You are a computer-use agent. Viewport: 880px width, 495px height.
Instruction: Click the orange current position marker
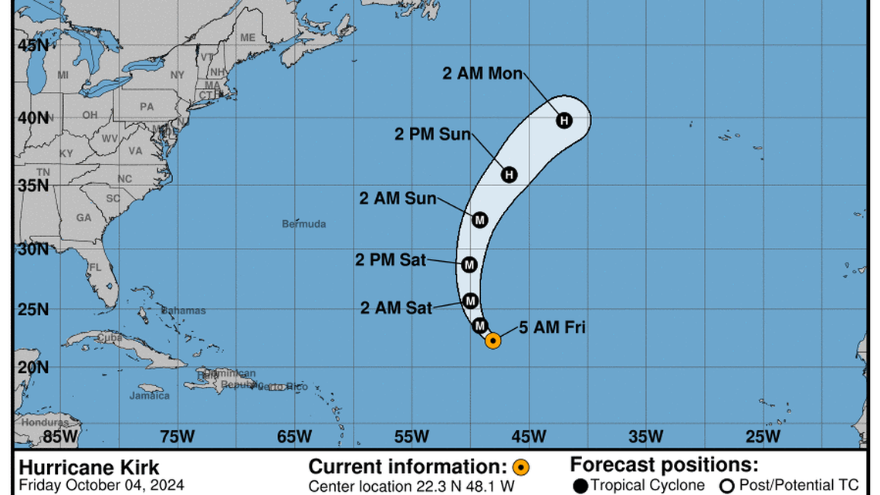[x=492, y=340]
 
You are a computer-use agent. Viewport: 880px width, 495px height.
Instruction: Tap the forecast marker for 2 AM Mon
[x=564, y=120]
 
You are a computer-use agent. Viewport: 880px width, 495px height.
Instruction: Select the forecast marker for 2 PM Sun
[x=509, y=175]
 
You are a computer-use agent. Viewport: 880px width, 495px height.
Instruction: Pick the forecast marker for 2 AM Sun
[x=480, y=220]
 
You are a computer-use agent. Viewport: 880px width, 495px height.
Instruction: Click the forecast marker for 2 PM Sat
[x=469, y=265]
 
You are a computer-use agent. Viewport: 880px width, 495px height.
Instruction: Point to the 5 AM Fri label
[x=552, y=327]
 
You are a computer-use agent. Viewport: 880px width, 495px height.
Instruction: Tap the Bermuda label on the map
[x=303, y=224]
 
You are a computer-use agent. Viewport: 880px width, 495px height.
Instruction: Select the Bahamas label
[x=185, y=310]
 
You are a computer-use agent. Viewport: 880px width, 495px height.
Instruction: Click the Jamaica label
[x=149, y=395]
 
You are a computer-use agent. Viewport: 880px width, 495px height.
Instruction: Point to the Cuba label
[x=109, y=337]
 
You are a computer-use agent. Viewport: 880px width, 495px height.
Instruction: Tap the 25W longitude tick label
[x=763, y=437]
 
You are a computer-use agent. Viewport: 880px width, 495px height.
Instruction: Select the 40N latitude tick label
[x=33, y=118]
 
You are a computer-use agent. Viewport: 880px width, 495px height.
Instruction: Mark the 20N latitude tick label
[x=33, y=368]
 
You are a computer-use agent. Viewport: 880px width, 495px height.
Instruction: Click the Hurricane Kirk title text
[x=89, y=467]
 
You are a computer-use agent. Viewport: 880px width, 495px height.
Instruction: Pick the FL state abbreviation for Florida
[x=95, y=267]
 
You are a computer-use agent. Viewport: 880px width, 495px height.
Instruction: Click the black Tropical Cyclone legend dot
[x=581, y=486]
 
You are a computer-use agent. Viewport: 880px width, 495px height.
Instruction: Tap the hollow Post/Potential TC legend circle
[x=726, y=486]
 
